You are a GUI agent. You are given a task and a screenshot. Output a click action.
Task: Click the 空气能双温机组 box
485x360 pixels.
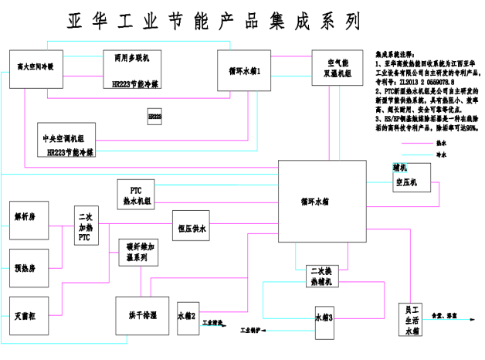pos(332,69)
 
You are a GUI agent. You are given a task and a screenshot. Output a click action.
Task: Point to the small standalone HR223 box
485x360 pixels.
pos(154,117)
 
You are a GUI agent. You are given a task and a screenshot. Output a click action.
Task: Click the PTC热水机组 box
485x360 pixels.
pos(137,194)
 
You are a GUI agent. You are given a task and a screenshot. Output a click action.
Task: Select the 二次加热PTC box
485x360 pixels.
pos(85,227)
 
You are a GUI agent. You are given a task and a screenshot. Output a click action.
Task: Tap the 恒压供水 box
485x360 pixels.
pos(191,227)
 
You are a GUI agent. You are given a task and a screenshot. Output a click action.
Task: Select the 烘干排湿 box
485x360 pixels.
pos(142,316)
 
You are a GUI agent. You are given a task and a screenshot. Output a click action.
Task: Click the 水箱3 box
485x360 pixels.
pos(325,318)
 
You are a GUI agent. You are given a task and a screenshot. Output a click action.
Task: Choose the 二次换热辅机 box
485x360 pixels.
pos(321,277)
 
